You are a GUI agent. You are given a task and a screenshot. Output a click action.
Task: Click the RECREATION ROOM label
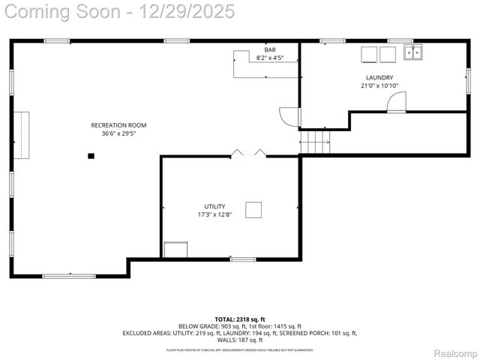[x=118, y=125]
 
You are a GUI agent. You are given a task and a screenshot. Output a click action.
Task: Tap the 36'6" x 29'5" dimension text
[x=118, y=133]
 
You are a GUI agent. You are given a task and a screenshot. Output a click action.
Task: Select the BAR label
[x=269, y=49]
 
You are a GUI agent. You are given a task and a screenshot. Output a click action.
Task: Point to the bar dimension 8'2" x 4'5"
[x=269, y=58]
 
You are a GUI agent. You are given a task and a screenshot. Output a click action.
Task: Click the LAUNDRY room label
[x=379, y=77]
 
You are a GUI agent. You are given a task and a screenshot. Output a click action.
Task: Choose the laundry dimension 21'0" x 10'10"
[x=379, y=85]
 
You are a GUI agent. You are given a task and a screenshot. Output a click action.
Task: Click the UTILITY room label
[x=214, y=206]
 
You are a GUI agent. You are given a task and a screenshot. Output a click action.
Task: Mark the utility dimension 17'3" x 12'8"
[x=214, y=214]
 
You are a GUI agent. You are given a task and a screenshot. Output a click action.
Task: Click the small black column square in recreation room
[x=91, y=156]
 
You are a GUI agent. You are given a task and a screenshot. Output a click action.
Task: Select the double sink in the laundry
[x=412, y=52]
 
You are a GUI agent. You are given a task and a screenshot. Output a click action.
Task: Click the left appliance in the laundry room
[x=368, y=54]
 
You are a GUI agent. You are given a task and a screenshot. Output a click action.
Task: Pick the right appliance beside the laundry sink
[x=387, y=54]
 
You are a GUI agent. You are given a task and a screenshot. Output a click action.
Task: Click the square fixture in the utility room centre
[x=254, y=210]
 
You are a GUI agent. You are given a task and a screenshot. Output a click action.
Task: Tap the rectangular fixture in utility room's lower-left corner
[x=175, y=250]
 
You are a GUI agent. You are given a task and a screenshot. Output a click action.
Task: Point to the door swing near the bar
[x=289, y=117]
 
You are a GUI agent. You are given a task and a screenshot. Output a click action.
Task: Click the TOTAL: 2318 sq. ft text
[x=240, y=319]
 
